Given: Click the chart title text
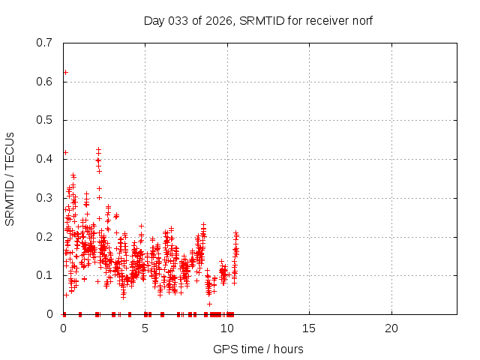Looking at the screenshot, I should [258, 20].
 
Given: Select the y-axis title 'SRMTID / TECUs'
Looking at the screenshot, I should [10, 178].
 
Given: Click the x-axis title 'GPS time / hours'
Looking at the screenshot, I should [258, 349].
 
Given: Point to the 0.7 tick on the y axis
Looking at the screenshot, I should [45, 43].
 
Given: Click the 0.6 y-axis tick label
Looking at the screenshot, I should [45, 82].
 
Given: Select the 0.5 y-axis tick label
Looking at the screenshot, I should [45, 120].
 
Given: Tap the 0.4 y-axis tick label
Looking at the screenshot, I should [45, 159].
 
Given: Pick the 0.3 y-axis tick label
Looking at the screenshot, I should [45, 198].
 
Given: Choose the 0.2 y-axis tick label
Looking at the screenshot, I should [45, 237].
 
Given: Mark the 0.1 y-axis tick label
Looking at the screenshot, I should [45, 275].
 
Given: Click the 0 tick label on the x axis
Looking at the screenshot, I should [64, 328].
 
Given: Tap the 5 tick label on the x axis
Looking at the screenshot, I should [145, 328].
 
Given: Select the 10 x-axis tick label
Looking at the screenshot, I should [227, 328].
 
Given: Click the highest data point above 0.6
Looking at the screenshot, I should [65, 73].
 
